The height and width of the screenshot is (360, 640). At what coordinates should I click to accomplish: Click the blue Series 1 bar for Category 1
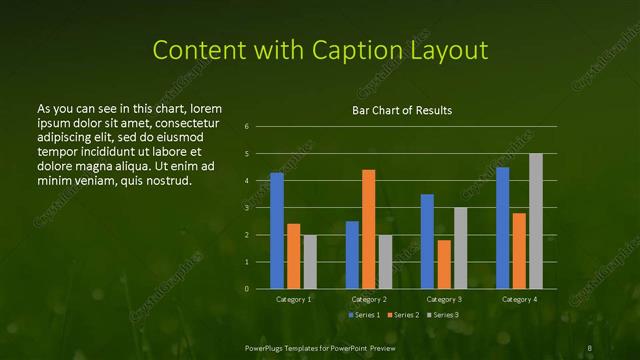coord(277,231)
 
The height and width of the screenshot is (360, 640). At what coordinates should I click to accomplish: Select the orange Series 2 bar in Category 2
coord(368,229)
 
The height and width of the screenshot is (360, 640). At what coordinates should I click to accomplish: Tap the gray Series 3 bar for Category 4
coord(536,221)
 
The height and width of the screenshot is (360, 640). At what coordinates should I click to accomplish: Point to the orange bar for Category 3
coord(443,265)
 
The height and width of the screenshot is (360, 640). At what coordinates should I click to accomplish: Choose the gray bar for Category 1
coord(310,262)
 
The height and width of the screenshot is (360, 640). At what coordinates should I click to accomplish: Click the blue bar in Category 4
coord(502,228)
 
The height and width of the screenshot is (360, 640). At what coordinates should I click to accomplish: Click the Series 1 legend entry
coord(364,315)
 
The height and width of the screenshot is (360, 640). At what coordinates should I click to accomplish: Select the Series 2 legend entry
coord(403,315)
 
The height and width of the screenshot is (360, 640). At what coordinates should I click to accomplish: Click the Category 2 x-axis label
coord(368,299)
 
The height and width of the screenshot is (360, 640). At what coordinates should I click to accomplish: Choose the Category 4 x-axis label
coord(519,299)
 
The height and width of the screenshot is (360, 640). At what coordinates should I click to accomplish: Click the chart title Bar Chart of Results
coord(402,110)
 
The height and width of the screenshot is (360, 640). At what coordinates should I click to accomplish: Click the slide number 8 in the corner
coord(590,347)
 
